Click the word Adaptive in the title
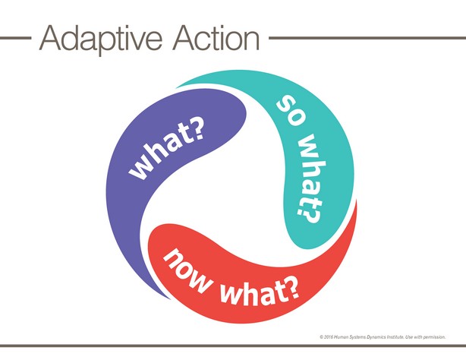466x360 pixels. pos(101,39)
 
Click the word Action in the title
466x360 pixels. pos(216,38)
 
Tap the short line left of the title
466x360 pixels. pos(15,38)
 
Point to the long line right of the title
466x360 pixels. pos(367,38)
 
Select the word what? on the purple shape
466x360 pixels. pos(167,151)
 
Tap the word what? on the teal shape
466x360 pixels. pos(310,178)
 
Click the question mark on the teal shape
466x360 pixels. pos(310,215)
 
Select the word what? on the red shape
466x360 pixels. pos(260,292)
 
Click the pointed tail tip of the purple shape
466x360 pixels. pos(170,298)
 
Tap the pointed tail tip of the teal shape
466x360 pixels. pos(177,87)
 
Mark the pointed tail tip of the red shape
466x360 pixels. pos(356,201)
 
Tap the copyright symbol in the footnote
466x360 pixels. pos(322,337)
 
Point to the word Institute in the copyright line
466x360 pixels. pos(395,337)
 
